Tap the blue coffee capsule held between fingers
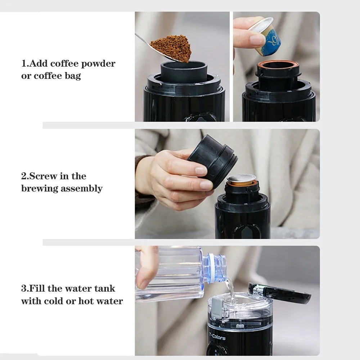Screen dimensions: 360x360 266,37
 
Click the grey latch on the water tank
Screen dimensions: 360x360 217,308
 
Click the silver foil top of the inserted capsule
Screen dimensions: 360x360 241,178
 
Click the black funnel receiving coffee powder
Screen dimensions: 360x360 184,71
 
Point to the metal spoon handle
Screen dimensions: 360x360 144,41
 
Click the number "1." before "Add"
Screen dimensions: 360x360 25,63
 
